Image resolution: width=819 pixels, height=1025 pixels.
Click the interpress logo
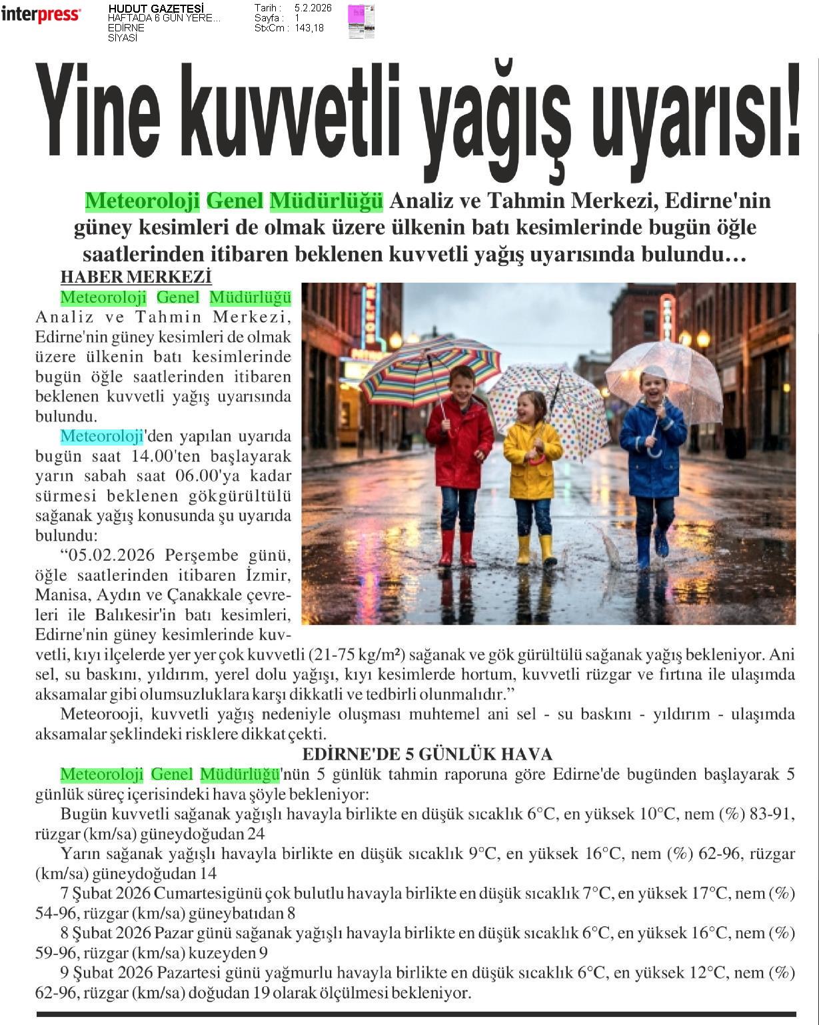[x=41, y=14]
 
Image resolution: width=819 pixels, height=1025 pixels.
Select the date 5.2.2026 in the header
[x=313, y=8]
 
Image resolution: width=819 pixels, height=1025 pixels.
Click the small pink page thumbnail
[x=361, y=21]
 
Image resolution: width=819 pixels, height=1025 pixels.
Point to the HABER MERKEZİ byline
[x=136, y=277]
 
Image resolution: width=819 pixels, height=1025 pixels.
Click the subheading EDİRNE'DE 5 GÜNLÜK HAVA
[x=427, y=754]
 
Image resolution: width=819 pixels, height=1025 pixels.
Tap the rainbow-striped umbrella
[x=430, y=370]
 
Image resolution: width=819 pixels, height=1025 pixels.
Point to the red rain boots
[x=457, y=548]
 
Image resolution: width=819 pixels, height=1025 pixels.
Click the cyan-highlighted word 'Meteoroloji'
[x=102, y=436]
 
